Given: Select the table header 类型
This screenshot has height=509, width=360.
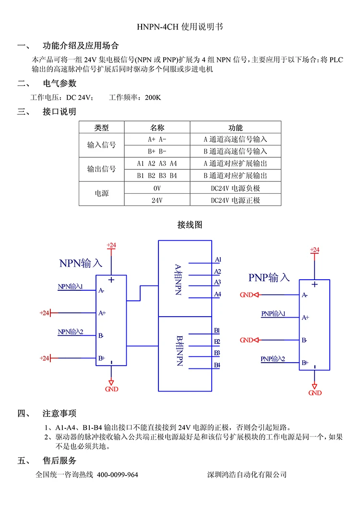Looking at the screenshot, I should [102, 128].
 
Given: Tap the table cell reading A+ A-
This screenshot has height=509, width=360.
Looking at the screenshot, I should [157, 140].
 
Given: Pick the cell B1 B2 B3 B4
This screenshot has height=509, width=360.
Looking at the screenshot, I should [157, 176].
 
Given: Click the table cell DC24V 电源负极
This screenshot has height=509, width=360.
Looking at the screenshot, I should [235, 188].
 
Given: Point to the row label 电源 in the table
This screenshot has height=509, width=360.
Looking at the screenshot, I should [102, 194].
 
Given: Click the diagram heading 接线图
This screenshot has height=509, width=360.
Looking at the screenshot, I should [190, 225].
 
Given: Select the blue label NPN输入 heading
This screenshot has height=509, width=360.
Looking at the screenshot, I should [81, 263].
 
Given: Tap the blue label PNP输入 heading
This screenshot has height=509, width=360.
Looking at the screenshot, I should [269, 277].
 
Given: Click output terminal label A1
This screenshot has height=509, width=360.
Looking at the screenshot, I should [218, 260].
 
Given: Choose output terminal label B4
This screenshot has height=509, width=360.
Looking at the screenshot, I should [217, 366].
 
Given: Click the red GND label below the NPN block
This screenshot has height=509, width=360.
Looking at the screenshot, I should [111, 389].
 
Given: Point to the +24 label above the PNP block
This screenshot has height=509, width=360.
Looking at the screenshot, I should [314, 250].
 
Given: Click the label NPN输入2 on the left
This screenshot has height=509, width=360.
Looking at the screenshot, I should [71, 331].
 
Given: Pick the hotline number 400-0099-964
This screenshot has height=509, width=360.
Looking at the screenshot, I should [118, 474].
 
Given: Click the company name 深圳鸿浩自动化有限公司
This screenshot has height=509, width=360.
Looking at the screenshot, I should [247, 474].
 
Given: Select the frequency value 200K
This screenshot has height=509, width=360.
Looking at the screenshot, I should [153, 97].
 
